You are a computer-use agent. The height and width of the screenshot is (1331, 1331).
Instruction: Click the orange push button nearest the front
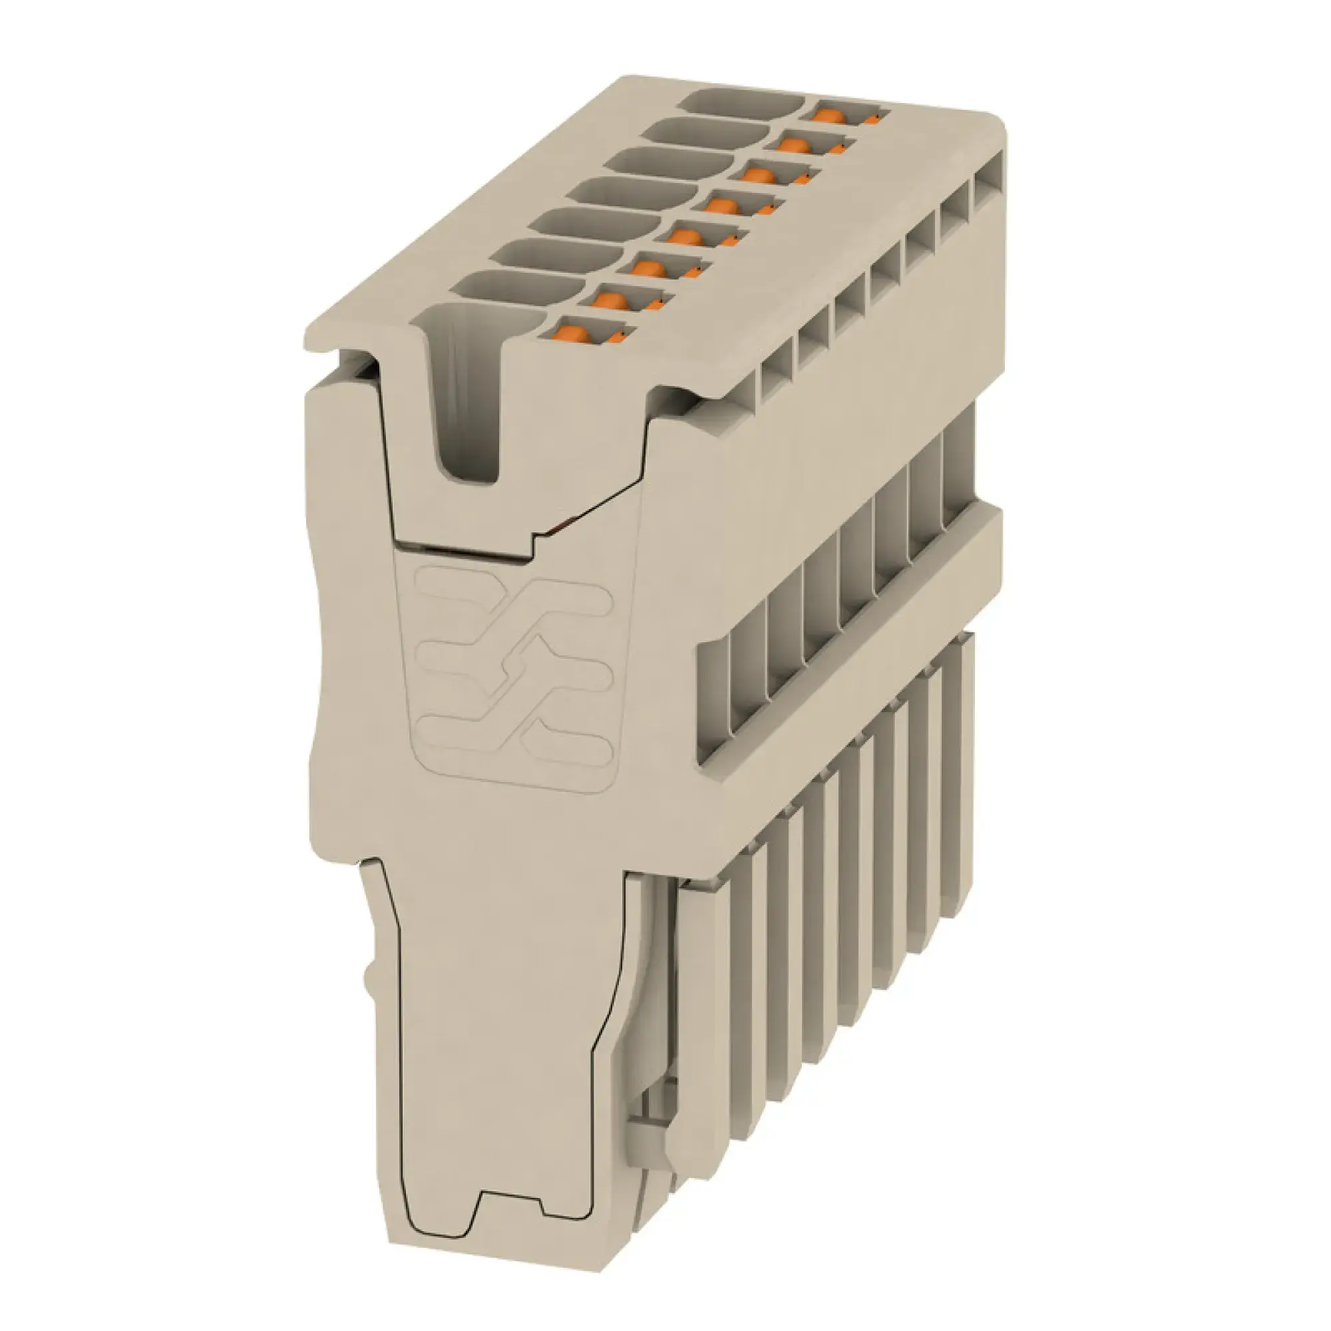573,333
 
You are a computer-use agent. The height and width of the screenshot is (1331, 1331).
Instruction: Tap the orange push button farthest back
829,115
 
